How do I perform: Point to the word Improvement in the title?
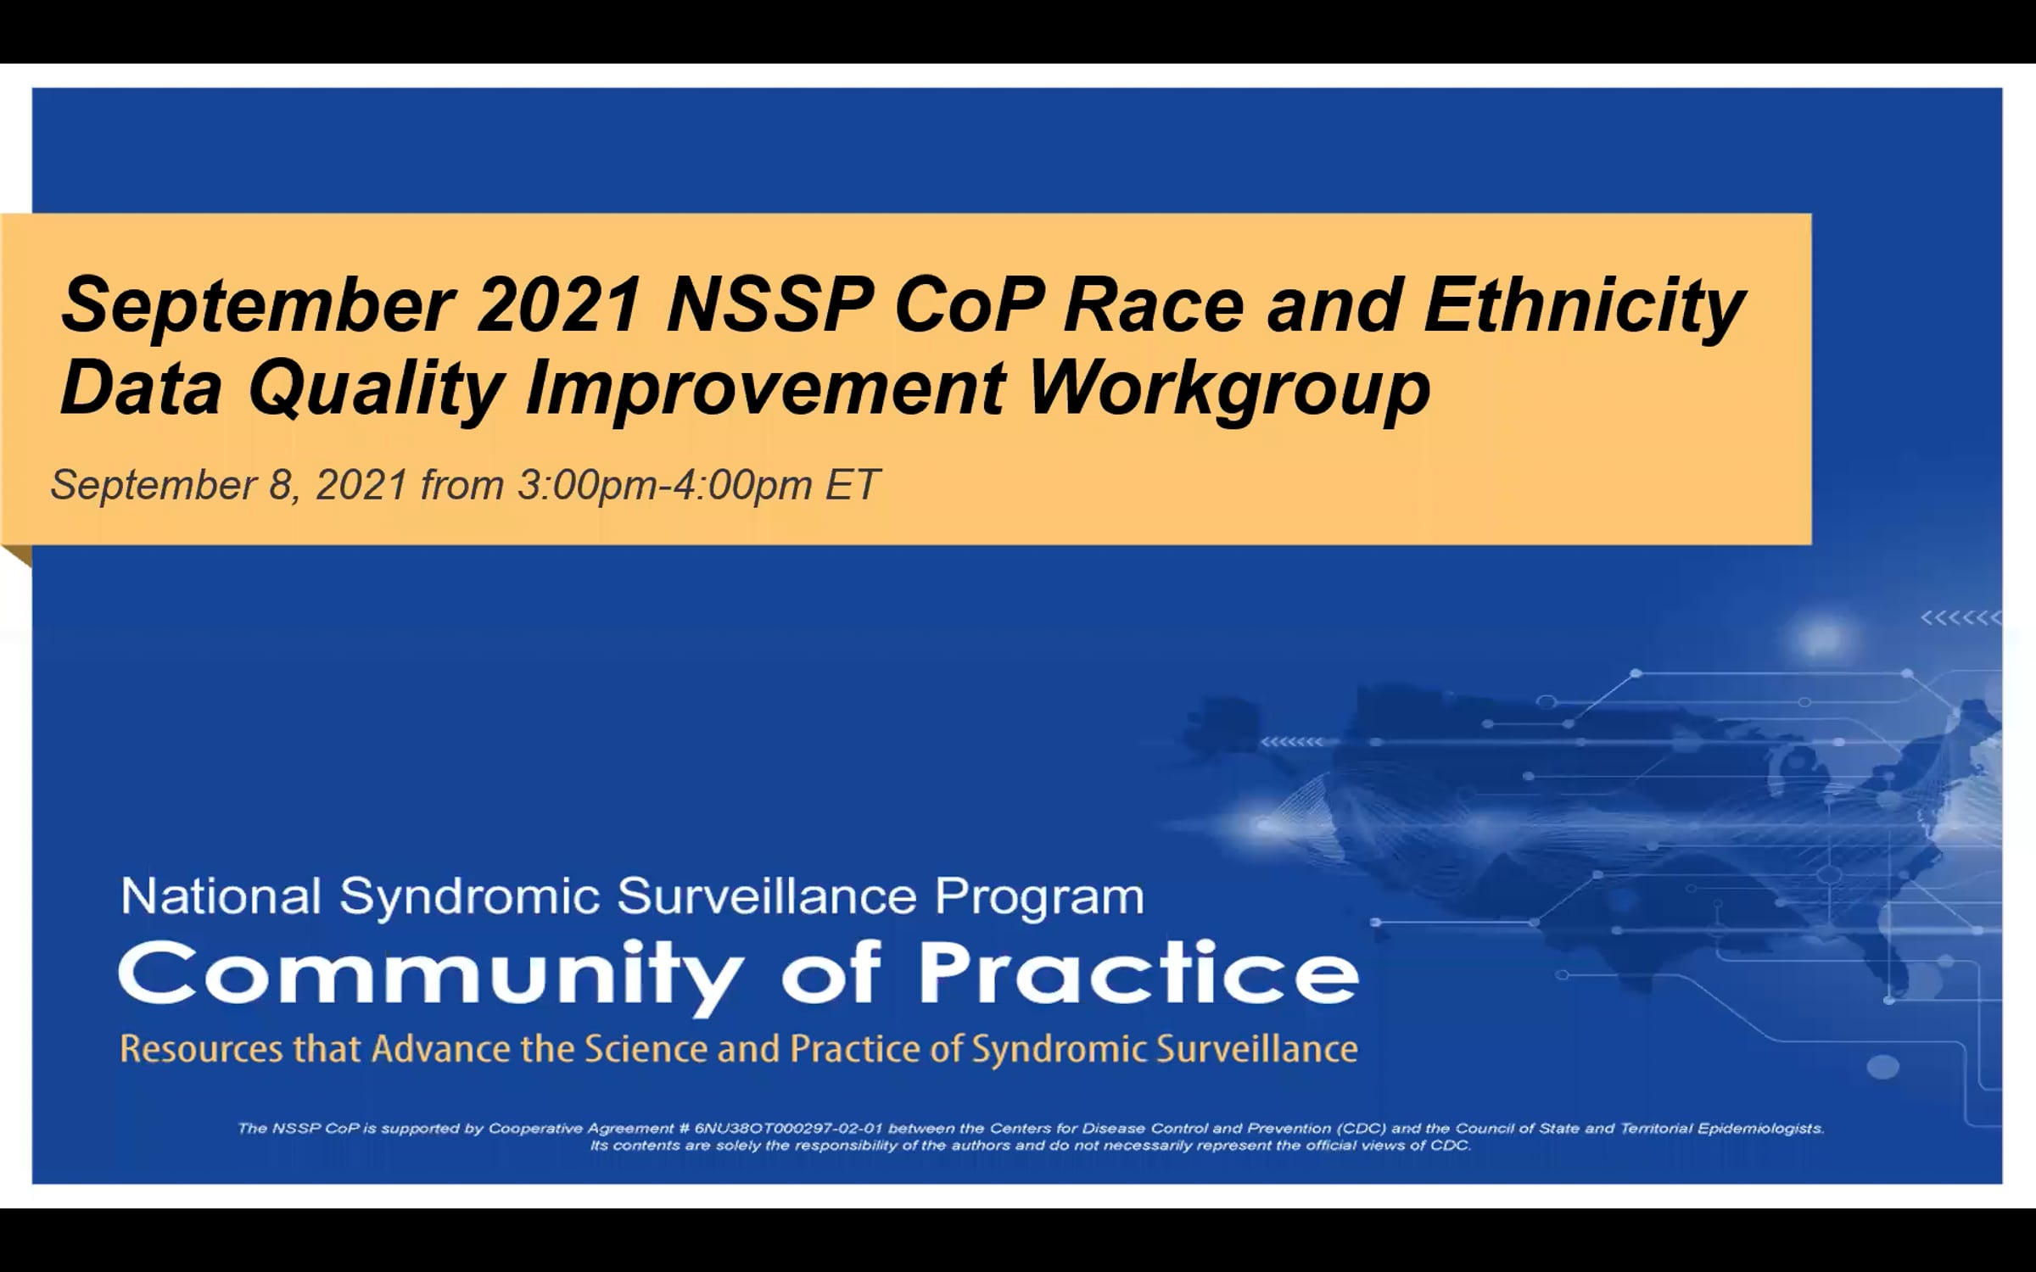[x=766, y=388]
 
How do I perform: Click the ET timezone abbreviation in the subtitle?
[x=852, y=484]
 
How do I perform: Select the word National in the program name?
[x=221, y=896]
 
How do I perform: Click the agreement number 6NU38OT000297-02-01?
[x=789, y=1129]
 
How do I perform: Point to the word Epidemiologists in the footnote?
[x=1760, y=1130]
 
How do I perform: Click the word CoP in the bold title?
[x=968, y=304]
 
